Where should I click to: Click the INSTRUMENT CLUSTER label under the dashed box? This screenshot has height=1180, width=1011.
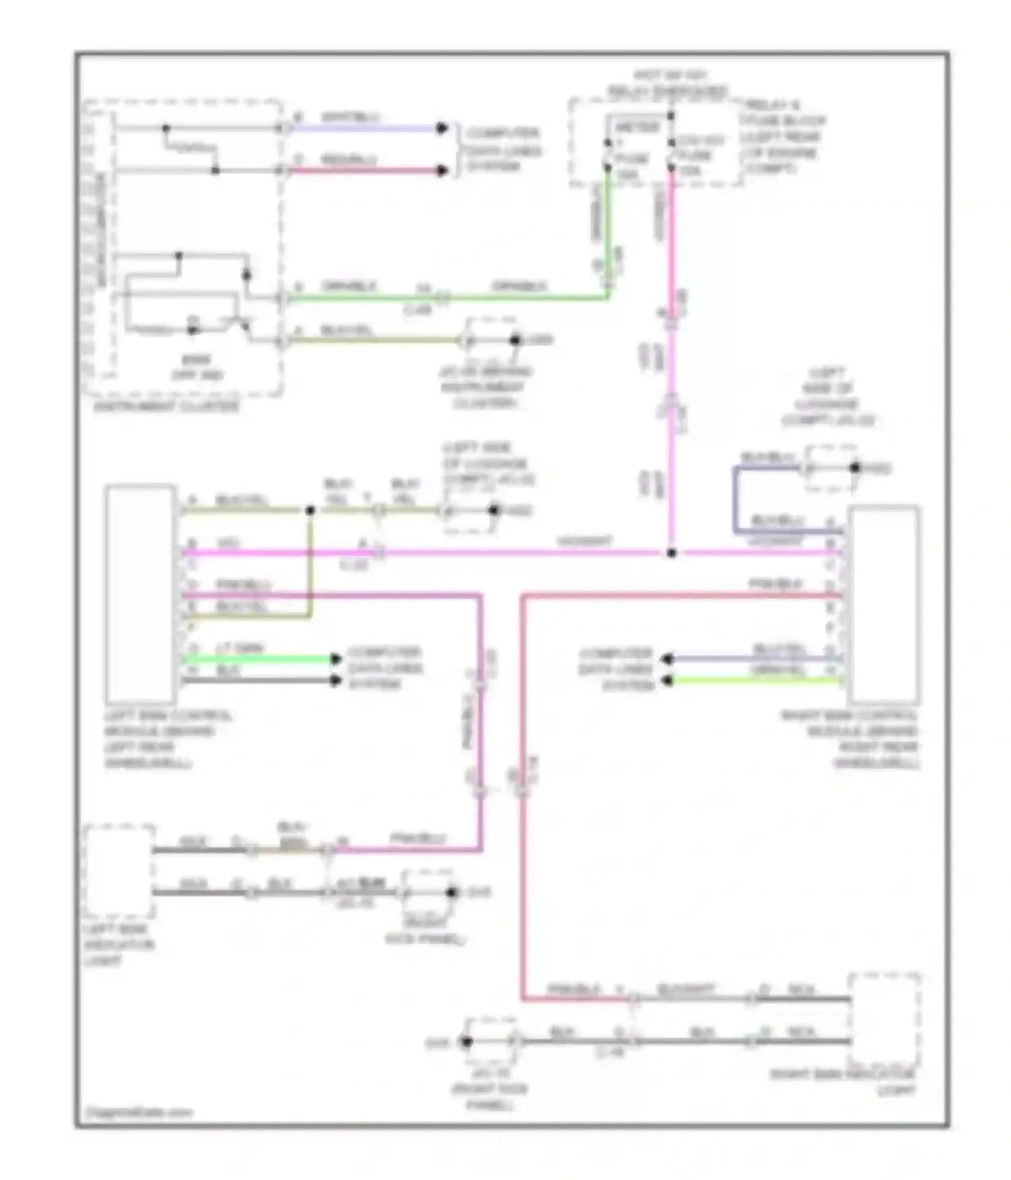[166, 406]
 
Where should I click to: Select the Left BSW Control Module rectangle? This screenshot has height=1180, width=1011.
[140, 593]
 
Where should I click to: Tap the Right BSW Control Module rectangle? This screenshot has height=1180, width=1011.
[884, 604]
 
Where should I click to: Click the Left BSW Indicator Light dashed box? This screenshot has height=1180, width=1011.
[119, 871]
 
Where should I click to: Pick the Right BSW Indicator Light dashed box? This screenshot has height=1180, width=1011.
[884, 1019]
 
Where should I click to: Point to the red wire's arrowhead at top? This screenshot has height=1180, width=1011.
[441, 170]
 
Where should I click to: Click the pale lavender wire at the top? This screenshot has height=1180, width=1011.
[364, 128]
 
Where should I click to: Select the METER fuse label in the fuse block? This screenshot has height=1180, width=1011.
[636, 127]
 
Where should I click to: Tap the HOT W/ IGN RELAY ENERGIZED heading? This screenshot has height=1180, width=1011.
[667, 83]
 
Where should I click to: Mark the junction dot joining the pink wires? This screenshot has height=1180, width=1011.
[671, 553]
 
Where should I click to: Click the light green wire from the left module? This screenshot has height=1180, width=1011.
[259, 658]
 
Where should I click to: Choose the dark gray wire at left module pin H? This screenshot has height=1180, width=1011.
[259, 680]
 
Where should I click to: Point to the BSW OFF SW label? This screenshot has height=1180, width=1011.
[196, 367]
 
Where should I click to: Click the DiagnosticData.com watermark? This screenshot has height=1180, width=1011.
[140, 1112]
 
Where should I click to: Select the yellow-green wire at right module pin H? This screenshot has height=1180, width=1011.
[755, 681]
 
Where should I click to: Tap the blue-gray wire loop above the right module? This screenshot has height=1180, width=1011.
[736, 499]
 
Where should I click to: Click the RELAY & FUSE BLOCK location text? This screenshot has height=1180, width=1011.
[782, 137]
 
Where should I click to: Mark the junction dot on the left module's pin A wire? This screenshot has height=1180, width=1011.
[310, 510]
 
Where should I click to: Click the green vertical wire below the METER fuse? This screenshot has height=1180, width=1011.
[608, 236]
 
